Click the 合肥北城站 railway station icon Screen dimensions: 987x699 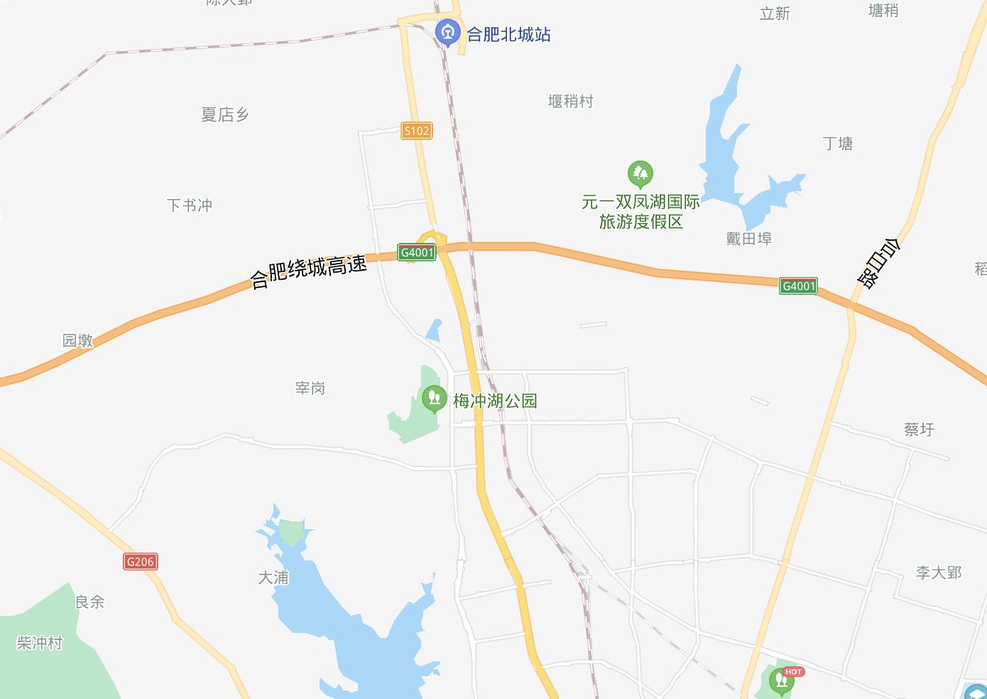447,32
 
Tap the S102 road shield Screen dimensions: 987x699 416,131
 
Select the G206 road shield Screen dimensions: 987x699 140,562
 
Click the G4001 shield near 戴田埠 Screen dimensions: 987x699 798,286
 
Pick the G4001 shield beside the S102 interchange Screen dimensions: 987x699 416,252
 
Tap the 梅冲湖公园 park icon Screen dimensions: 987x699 433,398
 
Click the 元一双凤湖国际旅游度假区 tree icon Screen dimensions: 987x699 640,173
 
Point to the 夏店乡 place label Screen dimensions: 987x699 224,115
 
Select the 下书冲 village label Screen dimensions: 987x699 190,205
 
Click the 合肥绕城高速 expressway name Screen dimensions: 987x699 309,271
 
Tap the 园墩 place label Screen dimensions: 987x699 77,340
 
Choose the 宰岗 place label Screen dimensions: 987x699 310,388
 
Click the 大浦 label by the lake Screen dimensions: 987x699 273,578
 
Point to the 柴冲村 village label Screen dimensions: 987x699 40,643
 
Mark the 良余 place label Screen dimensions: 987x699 90,602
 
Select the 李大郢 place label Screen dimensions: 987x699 938,573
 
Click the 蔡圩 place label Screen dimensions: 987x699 919,429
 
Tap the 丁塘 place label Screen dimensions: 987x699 838,143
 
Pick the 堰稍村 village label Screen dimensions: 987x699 570,102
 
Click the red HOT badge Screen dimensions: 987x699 793,671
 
